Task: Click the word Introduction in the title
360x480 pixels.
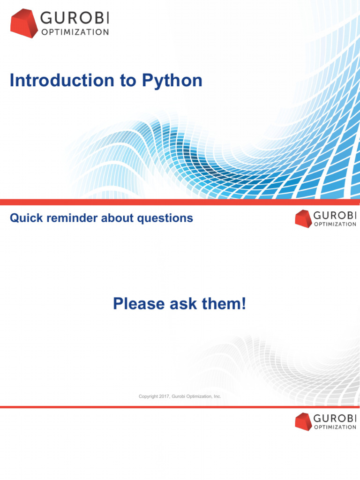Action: tap(62, 80)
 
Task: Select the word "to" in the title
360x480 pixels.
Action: tap(128, 81)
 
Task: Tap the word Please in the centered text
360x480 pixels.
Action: tap(139, 304)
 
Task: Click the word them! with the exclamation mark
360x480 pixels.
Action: tap(224, 304)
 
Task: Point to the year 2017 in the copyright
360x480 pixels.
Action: tap(164, 396)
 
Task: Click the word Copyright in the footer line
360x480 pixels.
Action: tap(149, 397)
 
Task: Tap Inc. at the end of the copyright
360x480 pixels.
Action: tap(217, 396)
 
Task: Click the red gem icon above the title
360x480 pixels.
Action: tap(24, 23)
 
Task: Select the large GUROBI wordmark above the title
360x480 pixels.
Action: tap(75, 18)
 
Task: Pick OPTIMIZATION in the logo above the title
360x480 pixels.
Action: tap(75, 32)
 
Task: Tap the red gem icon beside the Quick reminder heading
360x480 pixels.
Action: tap(303, 218)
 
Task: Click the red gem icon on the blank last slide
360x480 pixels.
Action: tap(303, 421)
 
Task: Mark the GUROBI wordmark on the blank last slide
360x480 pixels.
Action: tap(335, 418)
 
